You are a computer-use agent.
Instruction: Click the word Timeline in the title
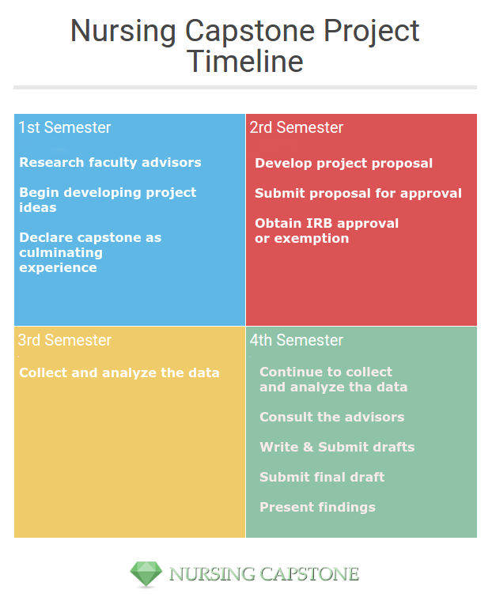245,62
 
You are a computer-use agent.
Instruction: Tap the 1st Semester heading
65,127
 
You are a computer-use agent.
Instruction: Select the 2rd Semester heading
297,127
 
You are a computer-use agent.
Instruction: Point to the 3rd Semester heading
65,340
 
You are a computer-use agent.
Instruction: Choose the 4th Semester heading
297,340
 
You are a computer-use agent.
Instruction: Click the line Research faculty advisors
111,163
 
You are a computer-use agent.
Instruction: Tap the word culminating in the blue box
61,252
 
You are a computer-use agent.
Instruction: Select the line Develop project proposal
344,163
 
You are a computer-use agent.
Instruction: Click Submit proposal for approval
358,194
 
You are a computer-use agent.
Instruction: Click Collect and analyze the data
119,372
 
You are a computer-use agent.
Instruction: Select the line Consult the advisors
332,417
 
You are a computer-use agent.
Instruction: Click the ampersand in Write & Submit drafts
308,447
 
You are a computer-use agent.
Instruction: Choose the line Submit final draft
322,477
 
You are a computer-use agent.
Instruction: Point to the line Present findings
317,508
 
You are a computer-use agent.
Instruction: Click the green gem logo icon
146,574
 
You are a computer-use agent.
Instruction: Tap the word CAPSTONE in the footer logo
309,574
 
